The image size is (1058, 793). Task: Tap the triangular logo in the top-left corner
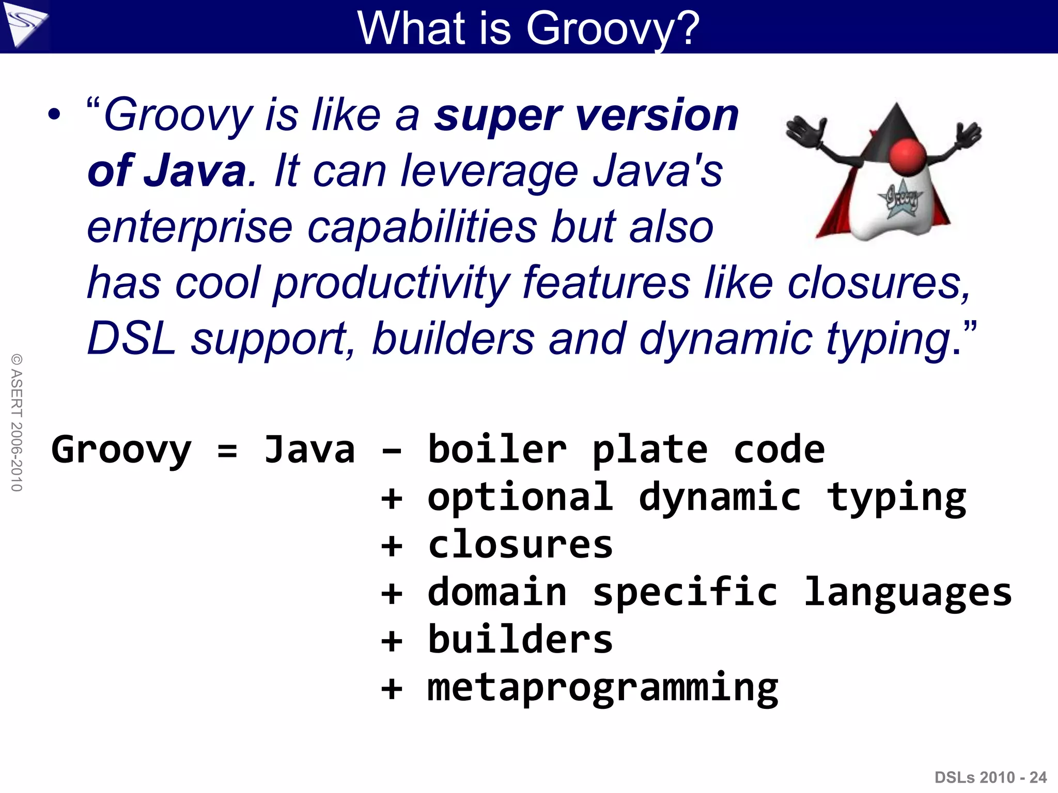click(x=25, y=25)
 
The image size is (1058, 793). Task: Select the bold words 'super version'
click(x=586, y=116)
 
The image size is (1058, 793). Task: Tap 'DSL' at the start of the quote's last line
click(x=132, y=339)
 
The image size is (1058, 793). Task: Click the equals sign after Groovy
click(x=227, y=450)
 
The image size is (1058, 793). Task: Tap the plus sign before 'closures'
click(x=391, y=546)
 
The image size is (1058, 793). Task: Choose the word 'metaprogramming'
click(x=602, y=688)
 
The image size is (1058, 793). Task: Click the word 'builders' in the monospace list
click(x=520, y=640)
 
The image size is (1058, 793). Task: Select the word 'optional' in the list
click(x=520, y=498)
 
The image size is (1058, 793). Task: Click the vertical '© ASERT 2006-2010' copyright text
click(x=17, y=422)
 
